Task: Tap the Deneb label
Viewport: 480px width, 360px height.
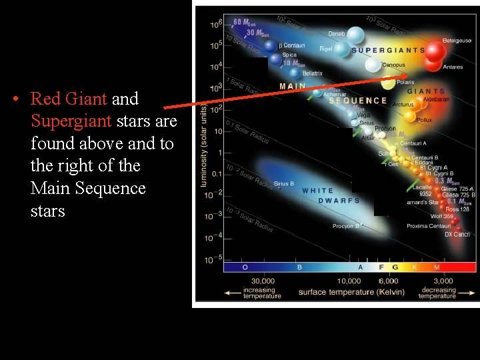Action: (337, 33)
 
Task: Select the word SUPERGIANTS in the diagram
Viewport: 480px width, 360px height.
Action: (387, 50)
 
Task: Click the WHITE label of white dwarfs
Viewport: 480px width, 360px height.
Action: (317, 191)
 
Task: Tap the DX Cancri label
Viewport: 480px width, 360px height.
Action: (457, 235)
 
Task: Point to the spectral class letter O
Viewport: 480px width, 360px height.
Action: (245, 267)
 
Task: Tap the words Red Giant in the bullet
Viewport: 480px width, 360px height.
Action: (69, 99)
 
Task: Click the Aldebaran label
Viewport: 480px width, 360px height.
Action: (437, 99)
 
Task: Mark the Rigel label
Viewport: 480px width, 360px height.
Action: (326, 49)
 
